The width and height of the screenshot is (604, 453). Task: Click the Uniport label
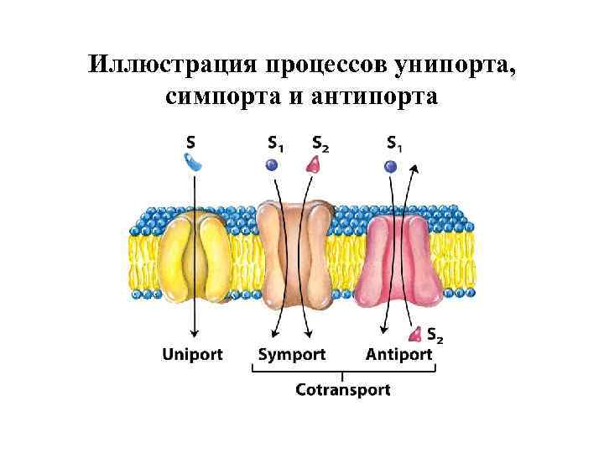(192, 354)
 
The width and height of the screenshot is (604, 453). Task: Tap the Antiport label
(399, 354)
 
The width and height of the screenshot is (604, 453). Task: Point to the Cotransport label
(342, 389)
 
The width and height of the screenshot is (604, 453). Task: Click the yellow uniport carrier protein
(195, 256)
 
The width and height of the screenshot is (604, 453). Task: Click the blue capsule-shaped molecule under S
(193, 162)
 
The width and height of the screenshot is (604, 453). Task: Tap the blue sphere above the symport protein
(271, 165)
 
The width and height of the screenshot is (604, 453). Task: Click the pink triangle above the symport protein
(314, 164)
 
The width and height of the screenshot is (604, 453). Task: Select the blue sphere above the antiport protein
(390, 166)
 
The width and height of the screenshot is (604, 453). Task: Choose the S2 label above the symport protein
(320, 143)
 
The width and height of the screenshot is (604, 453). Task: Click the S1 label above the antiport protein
(393, 143)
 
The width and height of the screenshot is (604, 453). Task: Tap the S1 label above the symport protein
(274, 143)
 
